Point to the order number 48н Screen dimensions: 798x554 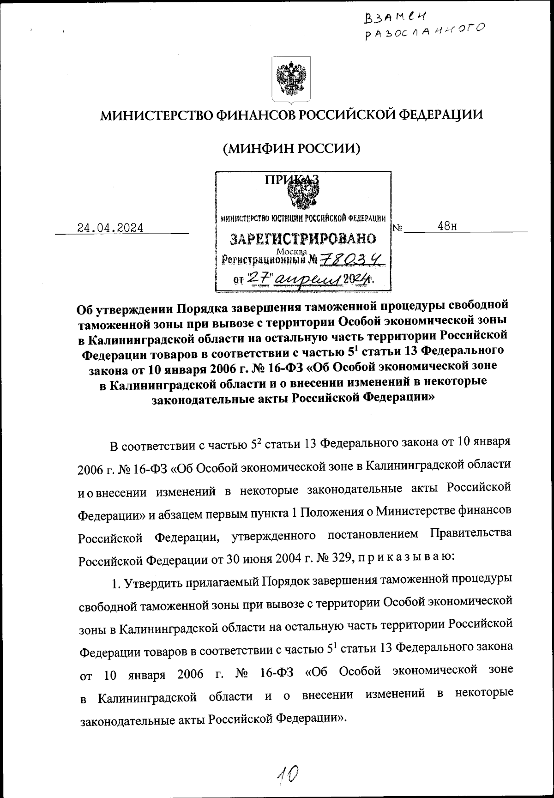(x=447, y=226)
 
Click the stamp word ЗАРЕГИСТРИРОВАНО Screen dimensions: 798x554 (x=303, y=239)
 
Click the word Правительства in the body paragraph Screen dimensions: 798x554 (x=471, y=532)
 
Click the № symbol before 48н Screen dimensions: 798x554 (x=398, y=228)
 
